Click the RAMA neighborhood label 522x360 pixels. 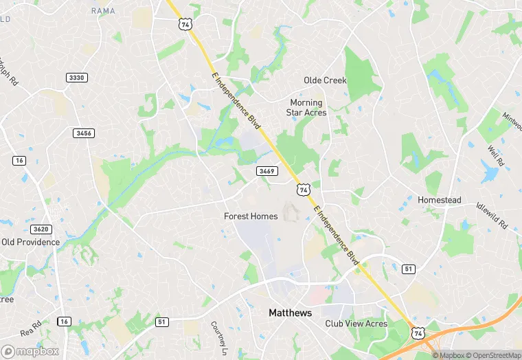103,10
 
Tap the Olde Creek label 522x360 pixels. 326,80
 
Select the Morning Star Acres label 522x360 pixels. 306,108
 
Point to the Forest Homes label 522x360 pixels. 251,216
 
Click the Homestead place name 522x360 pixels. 439,200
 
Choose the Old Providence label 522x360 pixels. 30,242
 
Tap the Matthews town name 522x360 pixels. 290,313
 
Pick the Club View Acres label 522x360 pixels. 356,324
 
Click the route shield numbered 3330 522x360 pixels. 77,78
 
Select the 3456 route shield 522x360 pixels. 84,133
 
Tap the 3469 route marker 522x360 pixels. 267,170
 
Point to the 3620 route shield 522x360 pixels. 41,229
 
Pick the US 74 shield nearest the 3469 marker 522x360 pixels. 302,188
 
